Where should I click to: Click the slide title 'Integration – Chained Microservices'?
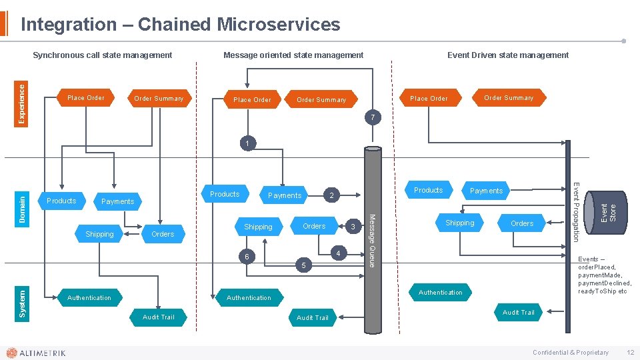[180, 25]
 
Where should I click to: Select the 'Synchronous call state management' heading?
[103, 55]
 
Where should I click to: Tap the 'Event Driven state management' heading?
[508, 55]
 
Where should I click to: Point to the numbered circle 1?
[247, 143]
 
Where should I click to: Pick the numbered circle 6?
[247, 257]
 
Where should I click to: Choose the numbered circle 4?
[339, 253]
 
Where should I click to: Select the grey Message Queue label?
[373, 240]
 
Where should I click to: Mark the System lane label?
[22, 303]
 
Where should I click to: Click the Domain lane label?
[22, 209]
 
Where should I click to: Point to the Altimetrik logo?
[36, 353]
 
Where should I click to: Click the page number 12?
[630, 353]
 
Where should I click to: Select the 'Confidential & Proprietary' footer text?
[570, 353]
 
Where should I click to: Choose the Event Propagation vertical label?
[577, 207]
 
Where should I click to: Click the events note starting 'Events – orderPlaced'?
[604, 275]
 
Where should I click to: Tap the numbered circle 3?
[353, 228]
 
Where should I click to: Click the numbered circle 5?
[304, 266]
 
